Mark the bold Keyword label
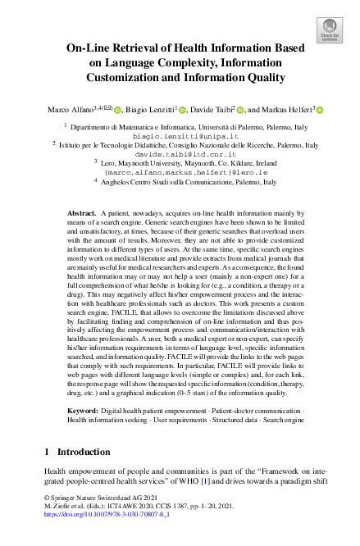84,407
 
